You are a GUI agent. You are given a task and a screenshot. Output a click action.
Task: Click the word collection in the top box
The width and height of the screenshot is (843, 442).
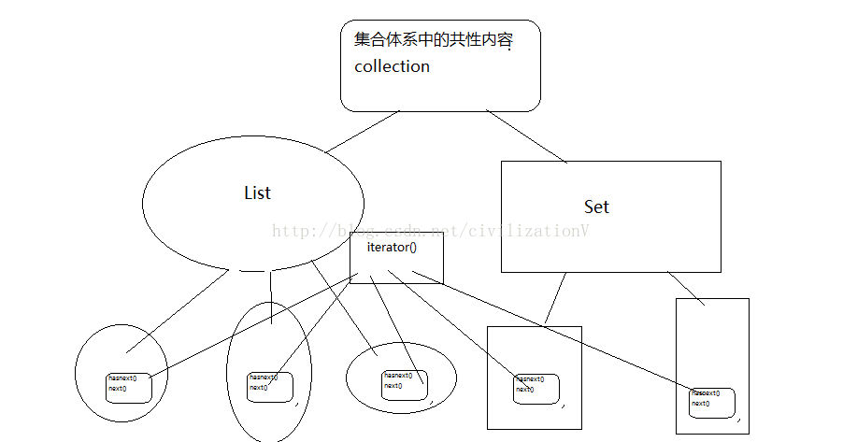392,66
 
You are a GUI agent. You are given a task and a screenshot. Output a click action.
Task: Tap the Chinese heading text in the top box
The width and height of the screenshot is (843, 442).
434,41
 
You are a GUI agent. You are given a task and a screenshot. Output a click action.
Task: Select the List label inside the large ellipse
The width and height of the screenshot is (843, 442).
257,192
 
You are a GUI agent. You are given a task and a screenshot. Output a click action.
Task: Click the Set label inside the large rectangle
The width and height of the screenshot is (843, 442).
596,206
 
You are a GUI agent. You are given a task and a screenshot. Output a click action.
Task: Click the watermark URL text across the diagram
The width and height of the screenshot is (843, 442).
430,231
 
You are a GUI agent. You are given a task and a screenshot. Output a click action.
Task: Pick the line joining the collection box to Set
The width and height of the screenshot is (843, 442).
526,136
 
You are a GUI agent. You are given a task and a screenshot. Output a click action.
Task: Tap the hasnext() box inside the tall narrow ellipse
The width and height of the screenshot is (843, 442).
270,387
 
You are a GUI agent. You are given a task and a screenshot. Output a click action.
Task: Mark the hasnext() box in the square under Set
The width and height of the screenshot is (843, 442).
536,388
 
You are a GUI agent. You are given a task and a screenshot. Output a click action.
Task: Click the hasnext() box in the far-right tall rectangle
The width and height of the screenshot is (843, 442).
713,402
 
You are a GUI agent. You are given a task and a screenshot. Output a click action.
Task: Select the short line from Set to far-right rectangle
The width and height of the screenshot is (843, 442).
686,288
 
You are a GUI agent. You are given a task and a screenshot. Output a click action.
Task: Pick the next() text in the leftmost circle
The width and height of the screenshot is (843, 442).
118,388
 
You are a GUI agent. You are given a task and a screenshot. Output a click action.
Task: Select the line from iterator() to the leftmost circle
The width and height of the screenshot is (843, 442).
252,327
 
